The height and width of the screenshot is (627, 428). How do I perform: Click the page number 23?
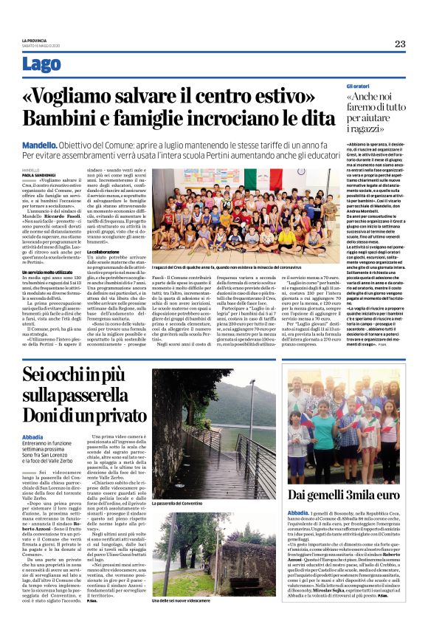(399, 44)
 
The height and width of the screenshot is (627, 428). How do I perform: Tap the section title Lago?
(42, 65)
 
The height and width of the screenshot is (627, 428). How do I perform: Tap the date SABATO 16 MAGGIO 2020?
(42, 46)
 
